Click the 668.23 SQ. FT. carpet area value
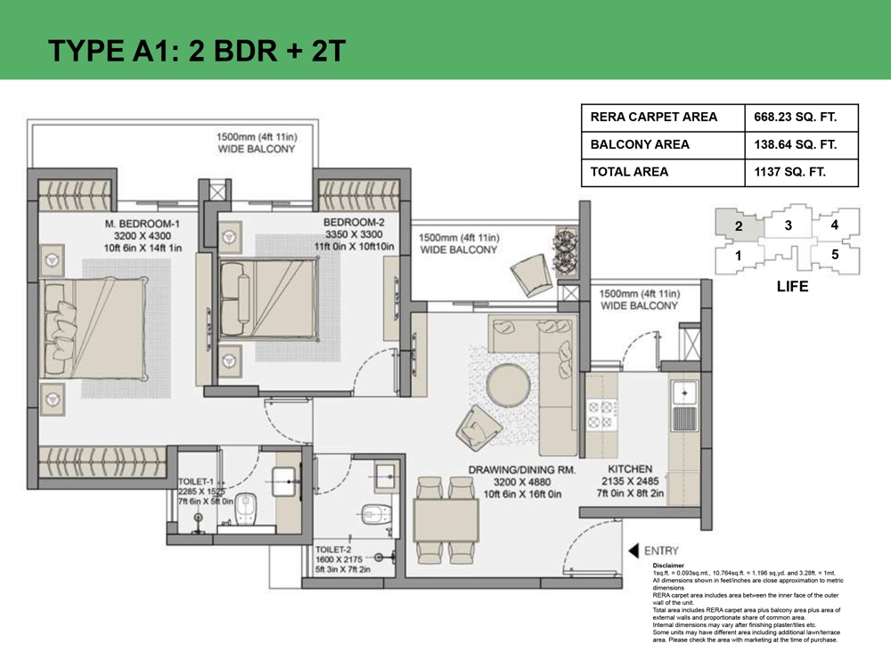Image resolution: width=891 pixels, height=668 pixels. coord(795,117)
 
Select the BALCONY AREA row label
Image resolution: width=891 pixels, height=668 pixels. coord(640,144)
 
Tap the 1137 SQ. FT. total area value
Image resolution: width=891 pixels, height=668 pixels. coord(789,172)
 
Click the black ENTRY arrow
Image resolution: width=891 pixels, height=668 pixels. coord(633,550)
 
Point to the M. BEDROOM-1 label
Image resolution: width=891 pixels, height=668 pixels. coord(142,224)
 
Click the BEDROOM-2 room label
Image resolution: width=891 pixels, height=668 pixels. coord(354,222)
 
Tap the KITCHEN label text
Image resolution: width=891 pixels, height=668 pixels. coord(630,469)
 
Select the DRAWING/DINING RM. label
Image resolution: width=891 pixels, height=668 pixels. coord(521,469)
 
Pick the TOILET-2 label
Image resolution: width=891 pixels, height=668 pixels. coord(333,550)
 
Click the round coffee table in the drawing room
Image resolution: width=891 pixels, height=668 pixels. coord(508,386)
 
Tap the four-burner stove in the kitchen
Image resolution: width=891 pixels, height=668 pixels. coord(601,414)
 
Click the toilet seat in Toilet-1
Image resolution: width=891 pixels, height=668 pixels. coord(246,508)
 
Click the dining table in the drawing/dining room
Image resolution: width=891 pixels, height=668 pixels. coord(446,520)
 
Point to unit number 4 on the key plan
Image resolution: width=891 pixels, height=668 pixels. coord(834,225)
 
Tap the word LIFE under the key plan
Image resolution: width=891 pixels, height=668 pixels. coord(792,286)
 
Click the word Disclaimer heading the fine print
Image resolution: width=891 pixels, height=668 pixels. coord(668,566)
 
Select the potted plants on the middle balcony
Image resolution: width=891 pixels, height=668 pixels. coord(565,250)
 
